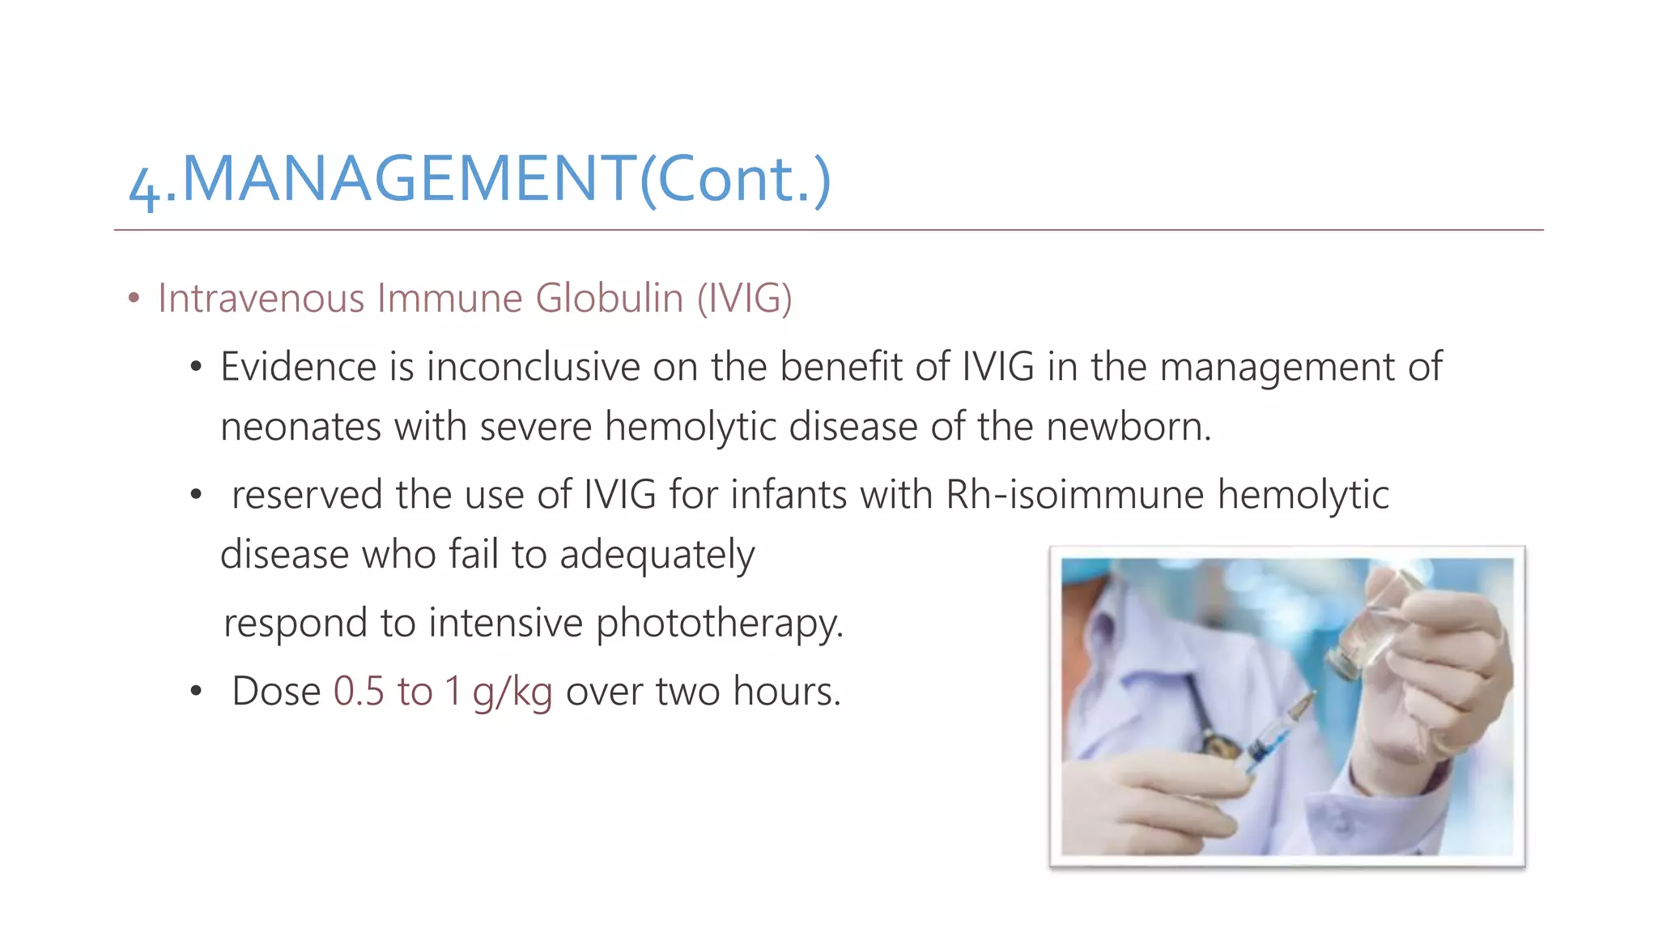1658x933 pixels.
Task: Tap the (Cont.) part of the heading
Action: point(735,180)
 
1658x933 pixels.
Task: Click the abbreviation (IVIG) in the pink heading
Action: point(744,298)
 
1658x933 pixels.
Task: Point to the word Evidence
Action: point(298,367)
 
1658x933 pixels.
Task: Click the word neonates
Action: point(300,427)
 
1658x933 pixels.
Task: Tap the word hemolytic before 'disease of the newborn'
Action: point(691,427)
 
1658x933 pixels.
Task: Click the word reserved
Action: point(307,495)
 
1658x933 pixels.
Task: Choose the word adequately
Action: point(657,556)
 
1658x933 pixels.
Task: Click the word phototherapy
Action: point(719,624)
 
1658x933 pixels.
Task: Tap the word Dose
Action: point(276,692)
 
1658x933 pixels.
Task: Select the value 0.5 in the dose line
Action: point(359,692)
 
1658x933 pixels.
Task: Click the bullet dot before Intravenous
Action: point(134,299)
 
